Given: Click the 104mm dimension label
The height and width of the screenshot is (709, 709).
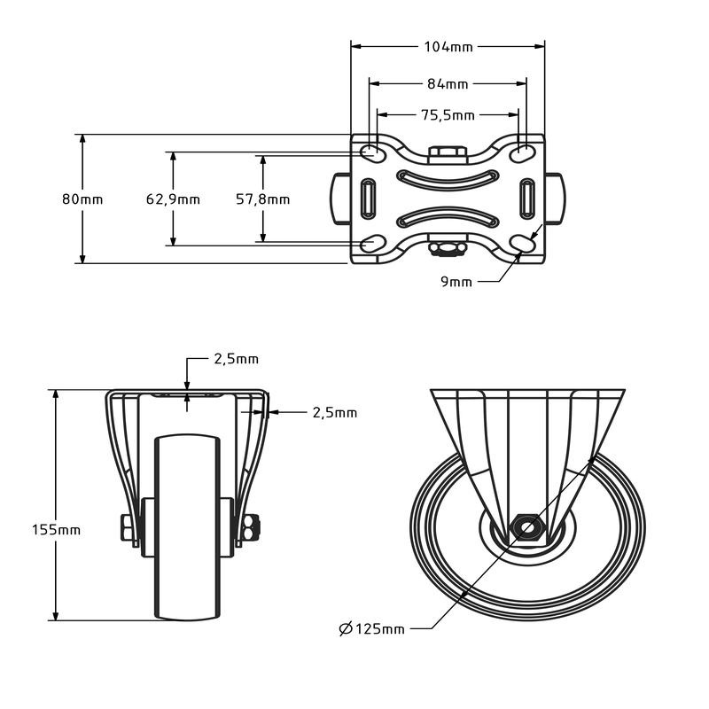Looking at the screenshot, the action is [448, 47].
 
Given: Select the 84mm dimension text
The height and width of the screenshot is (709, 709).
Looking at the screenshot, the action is [448, 84].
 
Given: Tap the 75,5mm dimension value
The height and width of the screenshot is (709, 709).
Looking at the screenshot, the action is [448, 115].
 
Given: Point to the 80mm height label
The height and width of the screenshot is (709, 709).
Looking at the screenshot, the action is [82, 199].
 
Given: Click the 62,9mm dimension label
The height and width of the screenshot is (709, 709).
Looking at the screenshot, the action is [173, 199].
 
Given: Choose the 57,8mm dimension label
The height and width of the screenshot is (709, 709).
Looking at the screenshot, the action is [262, 199].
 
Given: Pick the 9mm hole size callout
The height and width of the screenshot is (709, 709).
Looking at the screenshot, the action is [456, 282].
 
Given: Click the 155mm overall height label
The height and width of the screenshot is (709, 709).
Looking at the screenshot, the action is [56, 529].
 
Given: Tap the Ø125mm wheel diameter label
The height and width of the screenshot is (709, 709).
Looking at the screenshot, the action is [371, 628].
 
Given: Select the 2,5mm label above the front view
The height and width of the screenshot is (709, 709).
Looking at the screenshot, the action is [236, 359].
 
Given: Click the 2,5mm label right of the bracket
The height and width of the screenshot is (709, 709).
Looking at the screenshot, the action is [335, 412].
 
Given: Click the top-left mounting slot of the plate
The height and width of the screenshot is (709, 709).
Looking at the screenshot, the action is [373, 152].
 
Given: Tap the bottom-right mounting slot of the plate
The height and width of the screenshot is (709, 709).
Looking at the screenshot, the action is [522, 243].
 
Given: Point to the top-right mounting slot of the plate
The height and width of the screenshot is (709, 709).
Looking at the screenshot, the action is [522, 153].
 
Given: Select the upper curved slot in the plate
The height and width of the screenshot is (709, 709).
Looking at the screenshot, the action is [448, 178].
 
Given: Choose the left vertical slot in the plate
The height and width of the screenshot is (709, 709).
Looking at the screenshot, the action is [368, 199].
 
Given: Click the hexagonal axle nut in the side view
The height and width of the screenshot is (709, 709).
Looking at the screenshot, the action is [527, 527].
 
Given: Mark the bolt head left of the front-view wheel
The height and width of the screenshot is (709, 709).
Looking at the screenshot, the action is [127, 527].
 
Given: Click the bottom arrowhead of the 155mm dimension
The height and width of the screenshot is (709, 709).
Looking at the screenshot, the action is [56, 615].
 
